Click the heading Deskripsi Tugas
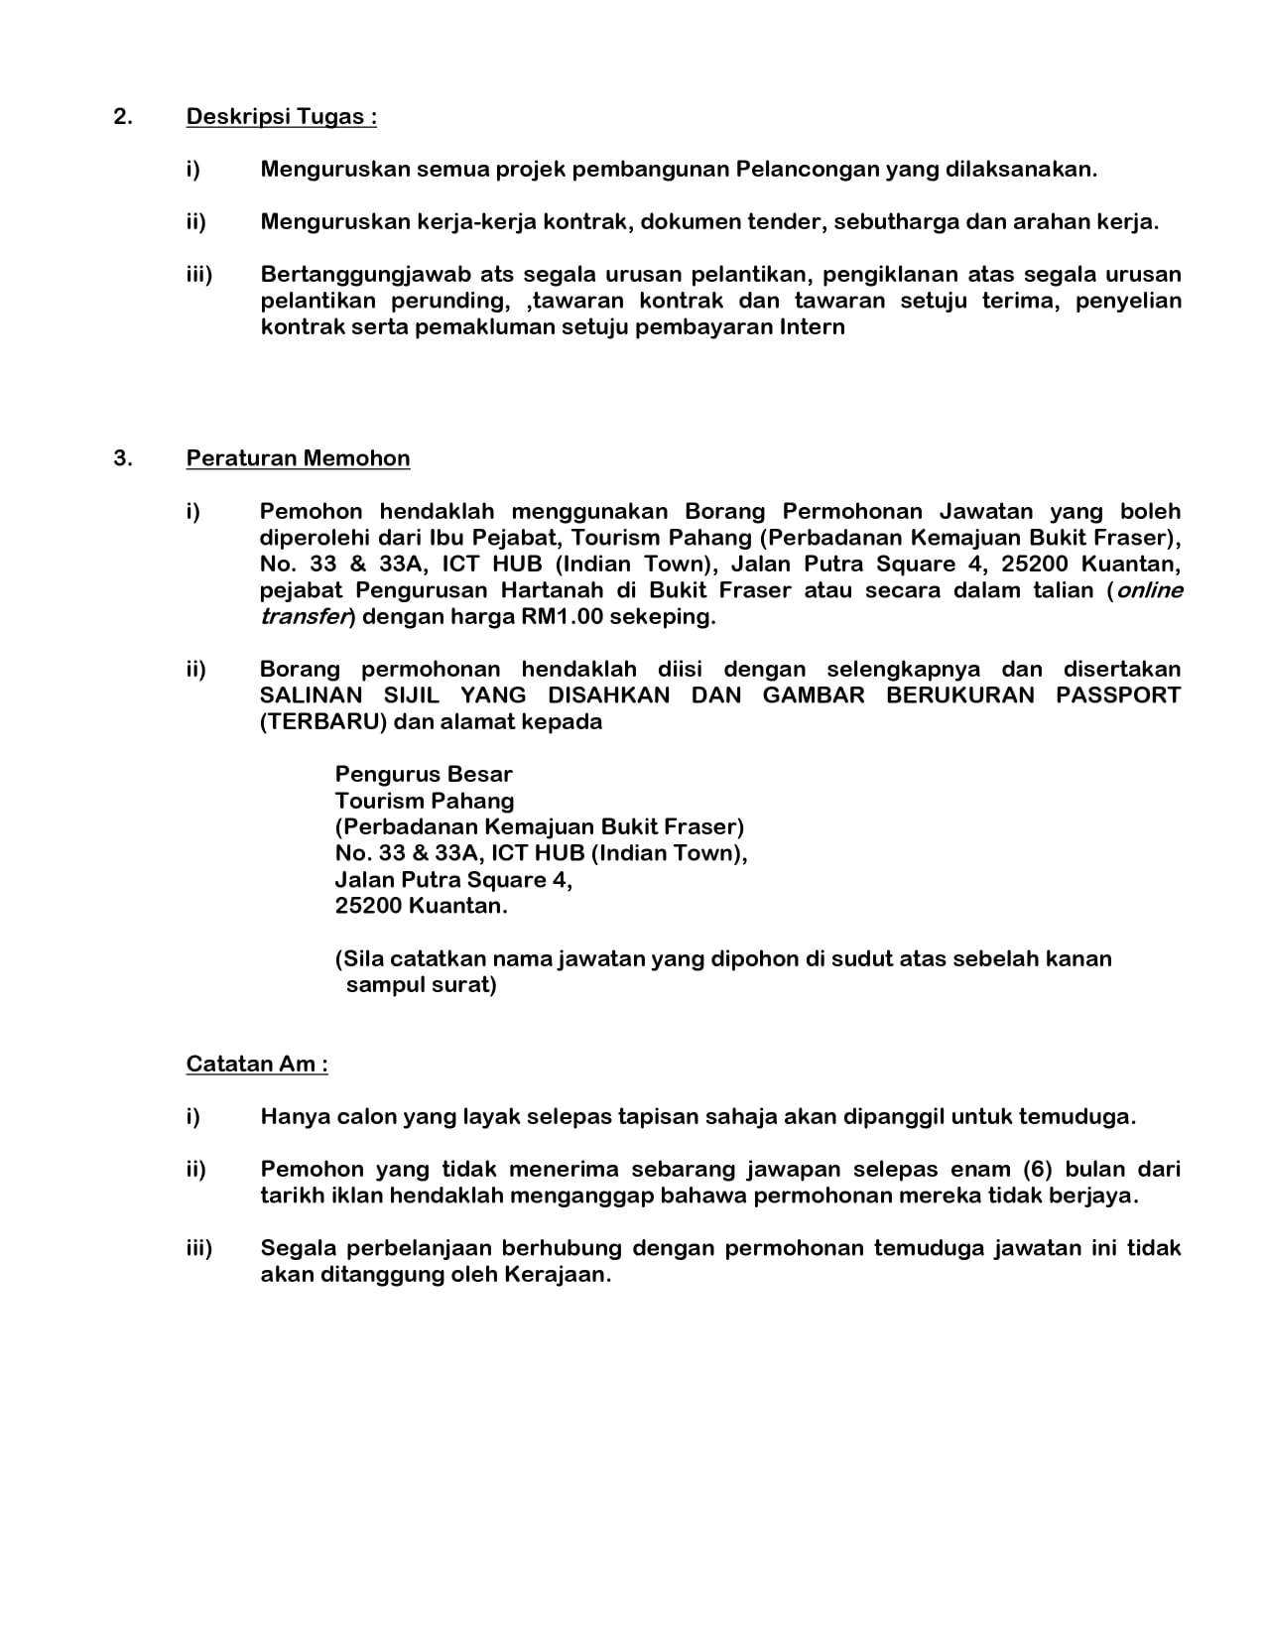pyautogui.click(x=281, y=117)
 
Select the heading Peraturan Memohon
pyautogui.click(x=298, y=458)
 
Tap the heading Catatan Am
pyautogui.click(x=257, y=1065)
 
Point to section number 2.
pyautogui.click(x=122, y=117)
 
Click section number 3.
pyautogui.click(x=122, y=458)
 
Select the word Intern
pyautogui.click(x=812, y=327)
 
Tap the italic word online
pyautogui.click(x=1149, y=590)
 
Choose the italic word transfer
pyautogui.click(x=306, y=617)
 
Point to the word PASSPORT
pyautogui.click(x=1118, y=695)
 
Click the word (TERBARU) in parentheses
pyautogui.click(x=322, y=722)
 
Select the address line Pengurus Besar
pyautogui.click(x=424, y=775)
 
